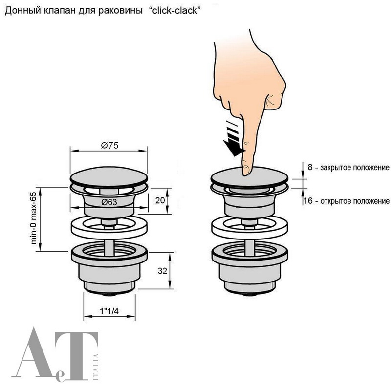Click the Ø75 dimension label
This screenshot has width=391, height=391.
109,145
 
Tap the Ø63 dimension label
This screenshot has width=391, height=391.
109,202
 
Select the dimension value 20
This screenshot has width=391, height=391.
160,200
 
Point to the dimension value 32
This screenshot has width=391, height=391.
162,271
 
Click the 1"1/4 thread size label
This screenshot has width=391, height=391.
109,311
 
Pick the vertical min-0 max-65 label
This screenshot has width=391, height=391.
33,218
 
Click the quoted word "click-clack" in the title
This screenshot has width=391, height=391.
175,11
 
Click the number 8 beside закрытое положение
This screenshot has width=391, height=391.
310,167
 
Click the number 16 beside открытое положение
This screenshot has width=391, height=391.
308,201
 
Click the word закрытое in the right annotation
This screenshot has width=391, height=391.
335,168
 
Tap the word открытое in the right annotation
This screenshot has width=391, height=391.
335,201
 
